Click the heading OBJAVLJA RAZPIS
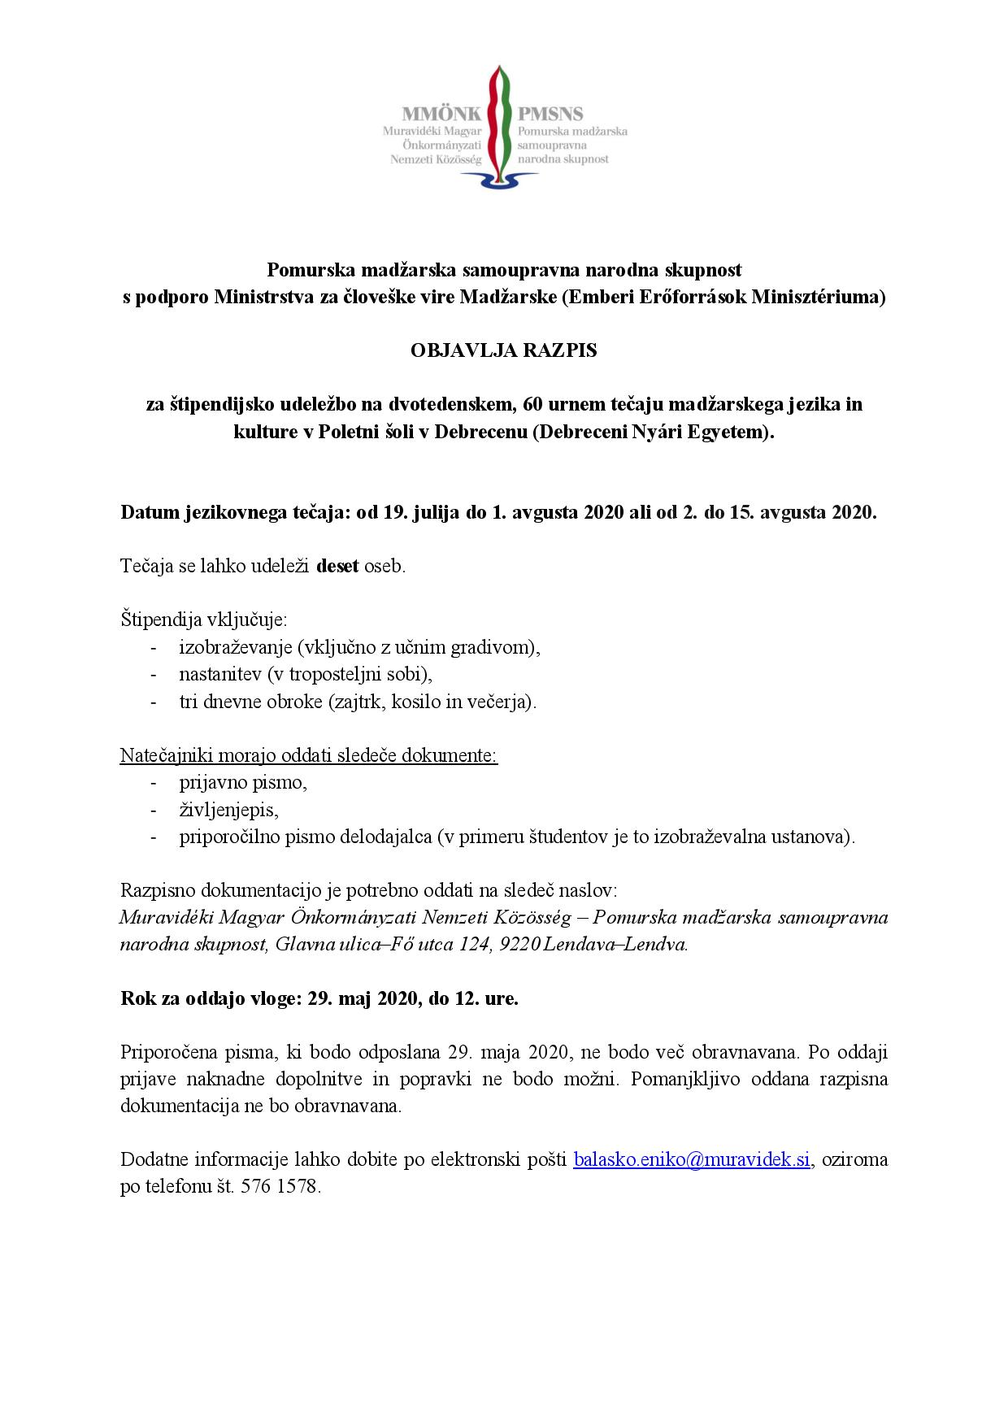tap(504, 350)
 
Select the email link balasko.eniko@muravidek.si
tap(692, 1159)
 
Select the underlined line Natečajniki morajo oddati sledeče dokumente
tap(309, 755)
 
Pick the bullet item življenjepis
tap(229, 810)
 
